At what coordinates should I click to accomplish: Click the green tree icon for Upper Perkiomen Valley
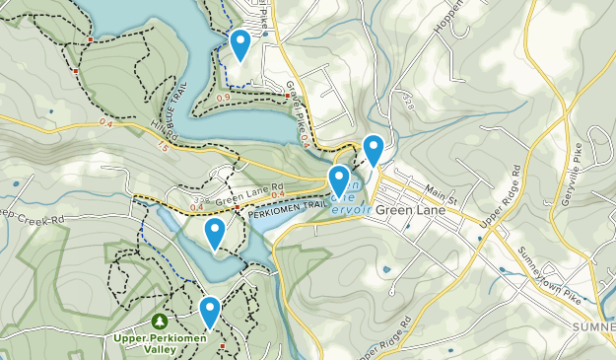(160, 322)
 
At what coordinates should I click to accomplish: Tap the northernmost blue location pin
(240, 44)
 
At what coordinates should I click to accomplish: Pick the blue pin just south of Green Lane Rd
(215, 234)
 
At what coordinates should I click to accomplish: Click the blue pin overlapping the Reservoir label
(339, 180)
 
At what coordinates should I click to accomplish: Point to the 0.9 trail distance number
(223, 97)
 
